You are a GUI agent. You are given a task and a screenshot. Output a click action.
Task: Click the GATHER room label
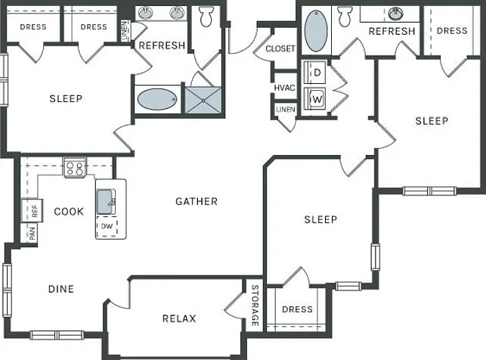(197, 201)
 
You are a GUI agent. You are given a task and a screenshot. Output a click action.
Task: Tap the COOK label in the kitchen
(69, 212)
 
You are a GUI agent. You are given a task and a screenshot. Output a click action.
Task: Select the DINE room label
(61, 289)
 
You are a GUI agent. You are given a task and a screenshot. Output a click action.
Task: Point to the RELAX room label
(179, 318)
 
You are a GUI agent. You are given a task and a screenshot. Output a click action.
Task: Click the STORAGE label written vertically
(255, 306)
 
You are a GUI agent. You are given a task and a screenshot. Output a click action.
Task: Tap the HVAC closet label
(284, 88)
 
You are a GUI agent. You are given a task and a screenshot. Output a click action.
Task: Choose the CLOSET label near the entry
(280, 48)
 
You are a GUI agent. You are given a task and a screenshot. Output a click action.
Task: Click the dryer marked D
(315, 73)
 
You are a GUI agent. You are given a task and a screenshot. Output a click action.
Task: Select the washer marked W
(315, 99)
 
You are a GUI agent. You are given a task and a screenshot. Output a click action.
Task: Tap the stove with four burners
(75, 167)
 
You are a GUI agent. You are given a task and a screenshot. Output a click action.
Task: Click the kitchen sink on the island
(106, 201)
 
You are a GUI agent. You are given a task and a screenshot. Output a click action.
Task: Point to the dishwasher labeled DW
(107, 226)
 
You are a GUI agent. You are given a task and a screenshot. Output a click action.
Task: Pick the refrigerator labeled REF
(32, 211)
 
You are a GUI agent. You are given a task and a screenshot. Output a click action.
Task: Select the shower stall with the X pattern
(203, 100)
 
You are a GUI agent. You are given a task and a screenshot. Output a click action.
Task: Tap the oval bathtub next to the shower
(157, 99)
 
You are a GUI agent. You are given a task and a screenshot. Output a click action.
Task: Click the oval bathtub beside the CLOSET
(316, 30)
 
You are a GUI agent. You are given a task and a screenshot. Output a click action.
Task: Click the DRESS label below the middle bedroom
(297, 309)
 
